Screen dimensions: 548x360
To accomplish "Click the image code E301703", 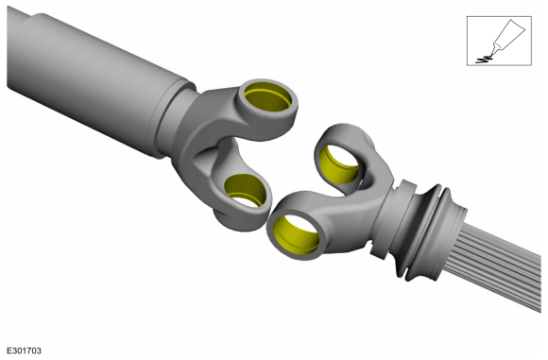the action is coord(25,351).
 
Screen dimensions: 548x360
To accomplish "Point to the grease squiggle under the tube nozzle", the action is coord(485,60).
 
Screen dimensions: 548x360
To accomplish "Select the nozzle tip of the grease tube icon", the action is coord(491,55).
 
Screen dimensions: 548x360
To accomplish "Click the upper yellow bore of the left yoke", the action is coord(267,96).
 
